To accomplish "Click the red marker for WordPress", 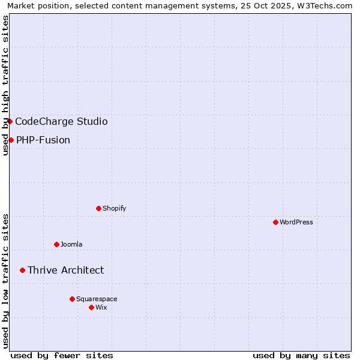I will coord(275,222).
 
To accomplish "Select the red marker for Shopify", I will coord(98,208).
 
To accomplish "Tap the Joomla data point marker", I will coord(56,244).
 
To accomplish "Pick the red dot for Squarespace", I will coord(72,299).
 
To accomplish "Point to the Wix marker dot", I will coord(91,307).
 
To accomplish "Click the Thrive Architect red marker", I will coord(22,270).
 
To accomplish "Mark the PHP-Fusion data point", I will coord(11,140).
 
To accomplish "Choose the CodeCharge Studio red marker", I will coord(10,121).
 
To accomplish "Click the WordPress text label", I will coord(296,222).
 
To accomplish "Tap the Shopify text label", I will coord(114,208).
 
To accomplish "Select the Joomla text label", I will coord(71,244).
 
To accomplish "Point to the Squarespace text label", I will coord(97,299).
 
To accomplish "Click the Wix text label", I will coord(101,307).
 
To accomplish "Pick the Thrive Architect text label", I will coord(65,270).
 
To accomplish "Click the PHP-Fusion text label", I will coord(43,140).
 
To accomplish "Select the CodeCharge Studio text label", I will coord(61,121).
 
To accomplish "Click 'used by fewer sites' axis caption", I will coord(62,355).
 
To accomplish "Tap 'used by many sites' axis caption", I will coord(301,355).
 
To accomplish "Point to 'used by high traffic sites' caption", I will coord(5,85).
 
